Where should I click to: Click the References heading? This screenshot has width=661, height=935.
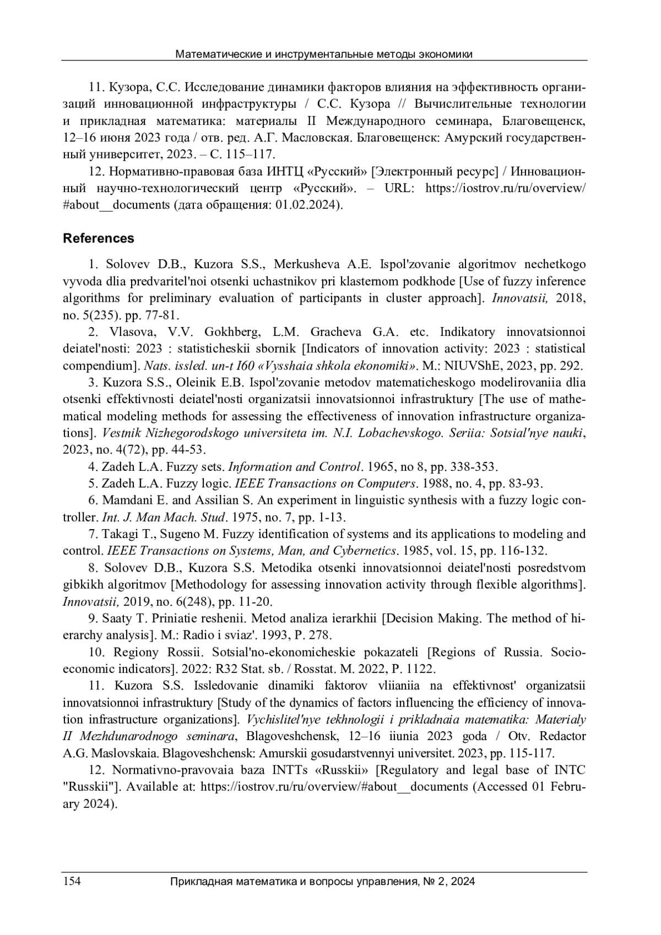pyautogui.click(x=98, y=238)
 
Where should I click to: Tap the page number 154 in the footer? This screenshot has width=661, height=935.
pyautogui.click(x=72, y=881)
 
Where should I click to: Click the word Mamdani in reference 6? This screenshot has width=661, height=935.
pyautogui.click(x=127, y=501)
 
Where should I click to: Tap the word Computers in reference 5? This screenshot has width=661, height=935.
pyautogui.click(x=385, y=484)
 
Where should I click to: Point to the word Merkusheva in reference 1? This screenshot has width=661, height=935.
pyautogui.click(x=306, y=265)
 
